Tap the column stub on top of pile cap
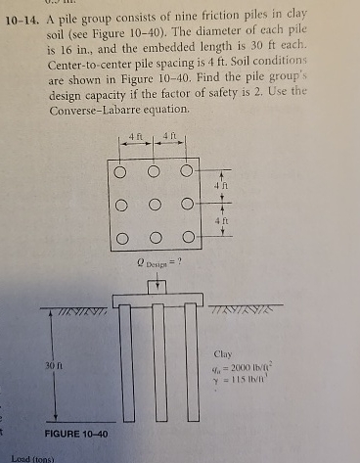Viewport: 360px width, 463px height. [x=156, y=286]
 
